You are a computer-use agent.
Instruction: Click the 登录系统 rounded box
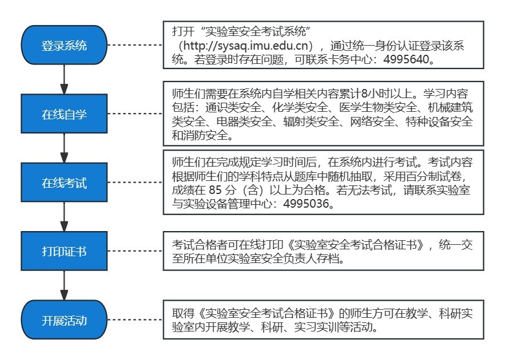64,46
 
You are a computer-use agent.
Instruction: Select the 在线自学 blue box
64,114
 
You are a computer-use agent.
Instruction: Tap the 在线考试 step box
64,183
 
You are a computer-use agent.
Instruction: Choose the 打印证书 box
64,251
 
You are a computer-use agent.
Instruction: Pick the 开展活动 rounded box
64,320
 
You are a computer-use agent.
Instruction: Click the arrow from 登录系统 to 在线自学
64,80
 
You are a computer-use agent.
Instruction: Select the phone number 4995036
313,203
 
